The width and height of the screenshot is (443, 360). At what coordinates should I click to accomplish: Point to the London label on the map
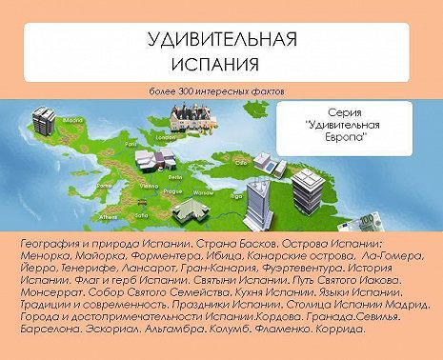pyautogui.click(x=161, y=135)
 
